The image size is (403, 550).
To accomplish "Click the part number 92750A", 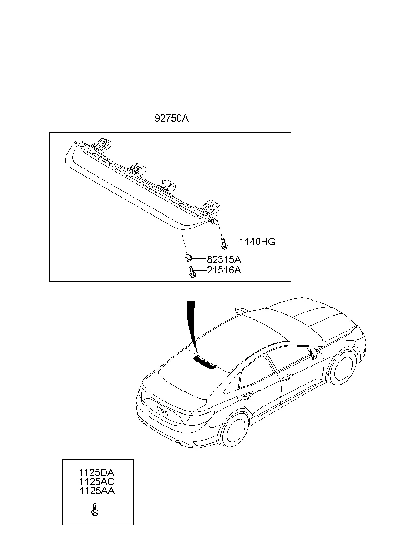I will click(171, 119).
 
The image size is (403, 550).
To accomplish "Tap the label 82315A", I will click(223, 260).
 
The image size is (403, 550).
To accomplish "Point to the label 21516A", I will click(223, 271).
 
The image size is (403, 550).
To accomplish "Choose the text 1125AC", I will click(97, 482).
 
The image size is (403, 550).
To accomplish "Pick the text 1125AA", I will click(97, 491).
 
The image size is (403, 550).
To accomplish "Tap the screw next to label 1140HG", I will click(224, 243).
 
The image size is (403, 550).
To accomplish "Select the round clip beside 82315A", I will click(188, 258).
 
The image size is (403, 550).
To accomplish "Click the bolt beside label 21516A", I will click(191, 272).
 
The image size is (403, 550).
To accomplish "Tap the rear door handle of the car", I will click(247, 396).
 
